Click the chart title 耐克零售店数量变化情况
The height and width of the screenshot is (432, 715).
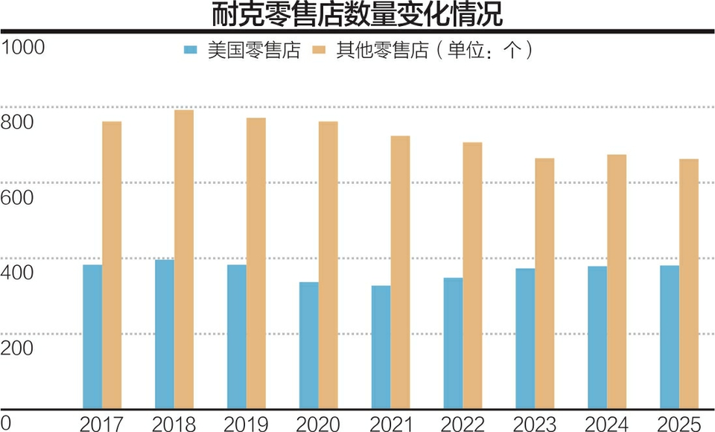tap(357, 14)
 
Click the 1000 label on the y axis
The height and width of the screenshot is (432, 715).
tap(23, 47)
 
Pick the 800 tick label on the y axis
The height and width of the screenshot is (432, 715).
tap(18, 122)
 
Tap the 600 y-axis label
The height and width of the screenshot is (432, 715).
tap(18, 197)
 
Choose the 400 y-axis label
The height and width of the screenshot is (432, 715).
tap(18, 273)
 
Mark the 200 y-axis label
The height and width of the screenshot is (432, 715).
tap(18, 348)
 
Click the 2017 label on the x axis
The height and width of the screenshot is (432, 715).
tap(102, 425)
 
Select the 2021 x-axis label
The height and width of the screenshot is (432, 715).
tap(390, 425)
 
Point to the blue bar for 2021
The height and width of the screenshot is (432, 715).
tap(381, 347)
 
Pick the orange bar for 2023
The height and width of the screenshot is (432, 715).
tap(544, 284)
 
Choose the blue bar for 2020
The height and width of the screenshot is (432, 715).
tap(308, 345)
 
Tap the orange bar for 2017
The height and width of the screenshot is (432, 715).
tap(112, 265)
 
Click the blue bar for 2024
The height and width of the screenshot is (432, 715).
tap(597, 337)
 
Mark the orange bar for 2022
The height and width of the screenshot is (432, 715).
tap(472, 276)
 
